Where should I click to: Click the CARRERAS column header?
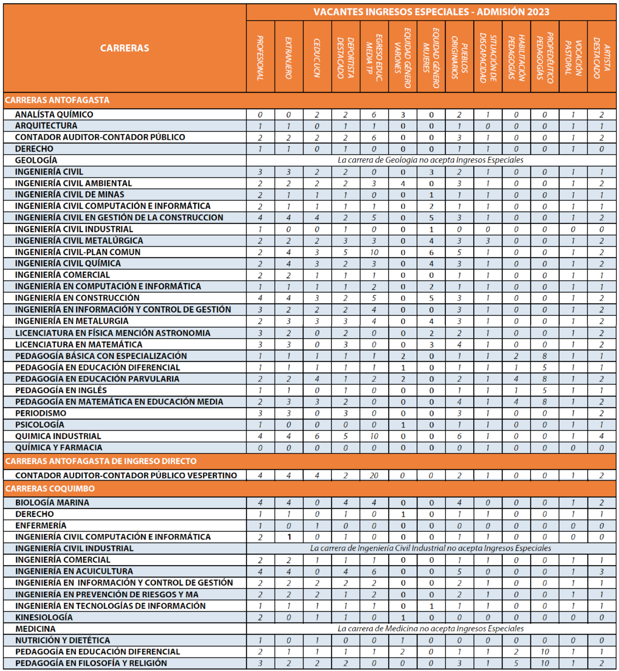(124, 48)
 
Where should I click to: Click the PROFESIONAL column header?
(260, 58)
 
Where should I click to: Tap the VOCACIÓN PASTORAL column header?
(573, 58)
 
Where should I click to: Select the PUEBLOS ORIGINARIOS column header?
(459, 58)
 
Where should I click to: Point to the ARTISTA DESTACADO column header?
(602, 58)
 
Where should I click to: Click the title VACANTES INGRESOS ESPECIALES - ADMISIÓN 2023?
(431, 12)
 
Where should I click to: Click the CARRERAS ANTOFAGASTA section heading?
(57, 100)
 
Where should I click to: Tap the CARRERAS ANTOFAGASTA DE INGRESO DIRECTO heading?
(101, 461)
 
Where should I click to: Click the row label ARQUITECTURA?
(46, 126)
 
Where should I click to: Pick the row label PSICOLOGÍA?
(40, 425)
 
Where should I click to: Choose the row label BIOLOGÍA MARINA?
(52, 502)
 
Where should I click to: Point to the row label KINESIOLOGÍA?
(44, 617)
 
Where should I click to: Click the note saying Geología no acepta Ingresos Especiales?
(430, 160)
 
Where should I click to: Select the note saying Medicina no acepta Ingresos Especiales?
(430, 629)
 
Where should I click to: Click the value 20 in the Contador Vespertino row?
(374, 475)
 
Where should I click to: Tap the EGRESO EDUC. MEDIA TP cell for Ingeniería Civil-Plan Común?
(374, 252)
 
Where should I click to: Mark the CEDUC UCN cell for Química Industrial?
(317, 436)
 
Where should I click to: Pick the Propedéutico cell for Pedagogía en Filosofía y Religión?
(544, 663)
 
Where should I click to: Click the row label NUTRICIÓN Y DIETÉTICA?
(63, 640)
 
